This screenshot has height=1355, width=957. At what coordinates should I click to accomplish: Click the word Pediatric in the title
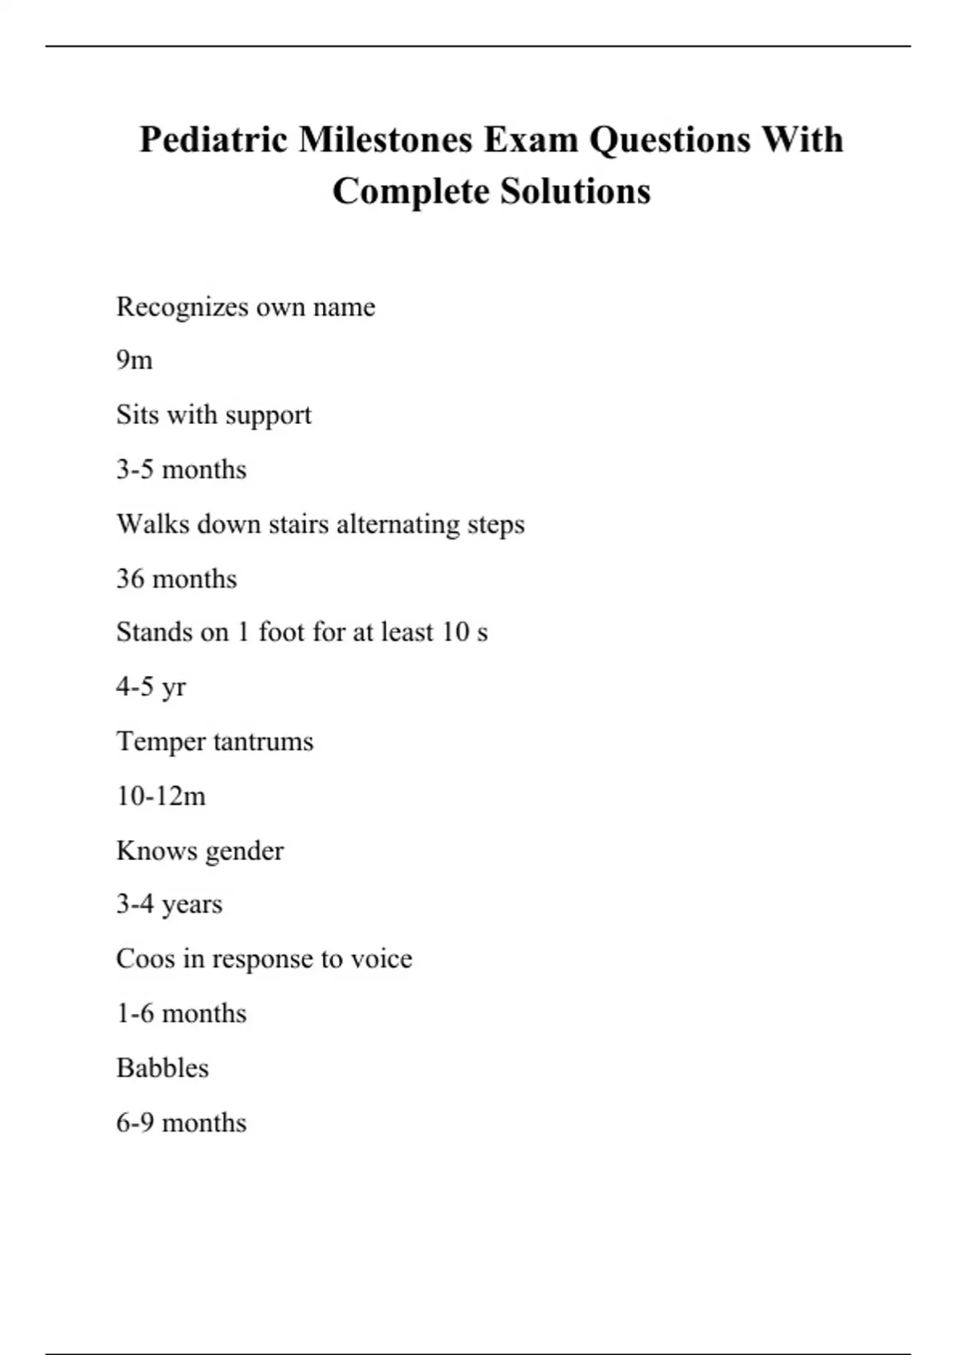click(x=213, y=140)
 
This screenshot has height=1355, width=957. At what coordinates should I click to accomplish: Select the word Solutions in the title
click(x=575, y=191)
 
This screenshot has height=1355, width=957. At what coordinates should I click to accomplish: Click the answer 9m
click(x=134, y=360)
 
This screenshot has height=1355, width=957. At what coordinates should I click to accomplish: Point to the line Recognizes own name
click(x=245, y=307)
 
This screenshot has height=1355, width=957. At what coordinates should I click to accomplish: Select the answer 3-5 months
click(x=181, y=469)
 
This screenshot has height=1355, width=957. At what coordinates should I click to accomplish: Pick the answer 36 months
click(x=176, y=579)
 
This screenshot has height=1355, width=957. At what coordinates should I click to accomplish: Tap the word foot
click(x=282, y=632)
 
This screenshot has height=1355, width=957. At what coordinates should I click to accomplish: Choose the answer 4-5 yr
click(x=151, y=687)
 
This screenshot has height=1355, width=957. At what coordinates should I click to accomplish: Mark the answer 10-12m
click(x=161, y=796)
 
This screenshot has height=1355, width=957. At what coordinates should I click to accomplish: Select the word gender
click(x=245, y=851)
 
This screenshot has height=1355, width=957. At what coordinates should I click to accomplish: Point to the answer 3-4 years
click(x=169, y=905)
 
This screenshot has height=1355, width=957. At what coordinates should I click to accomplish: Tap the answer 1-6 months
click(x=181, y=1014)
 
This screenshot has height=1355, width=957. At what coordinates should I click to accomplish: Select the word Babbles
click(x=163, y=1068)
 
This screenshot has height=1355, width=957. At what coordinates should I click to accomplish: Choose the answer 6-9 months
click(x=181, y=1123)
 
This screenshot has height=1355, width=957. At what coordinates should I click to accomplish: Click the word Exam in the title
click(x=531, y=140)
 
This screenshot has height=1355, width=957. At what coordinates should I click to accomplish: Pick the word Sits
click(x=136, y=415)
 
